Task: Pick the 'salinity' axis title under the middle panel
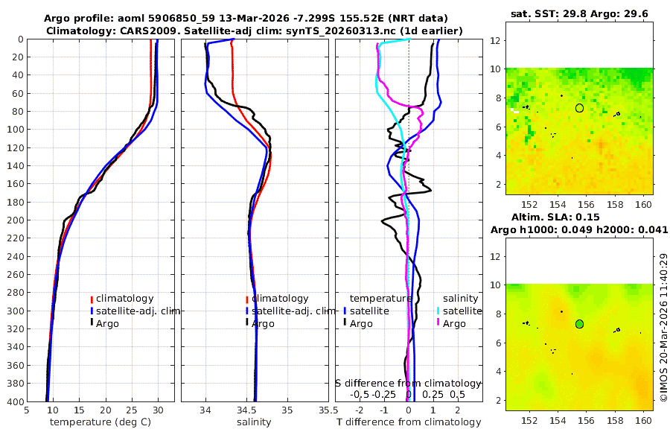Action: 253,422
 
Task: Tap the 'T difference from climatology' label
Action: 409,422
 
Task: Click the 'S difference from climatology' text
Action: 408,382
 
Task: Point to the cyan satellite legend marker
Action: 438,311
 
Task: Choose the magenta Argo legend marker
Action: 438,323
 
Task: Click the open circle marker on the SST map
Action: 579,108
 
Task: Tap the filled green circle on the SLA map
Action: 579,324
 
